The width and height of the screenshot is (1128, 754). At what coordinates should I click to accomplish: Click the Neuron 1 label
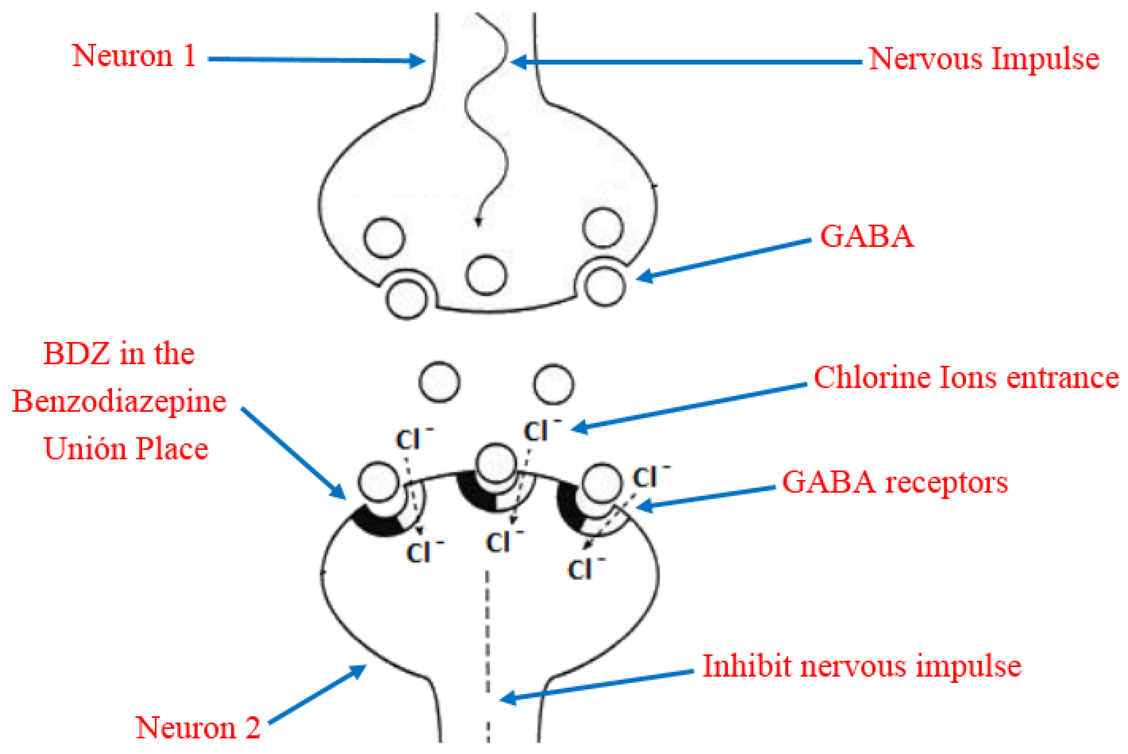pyautogui.click(x=134, y=56)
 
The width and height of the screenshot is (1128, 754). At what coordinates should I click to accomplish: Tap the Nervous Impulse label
pyautogui.click(x=984, y=59)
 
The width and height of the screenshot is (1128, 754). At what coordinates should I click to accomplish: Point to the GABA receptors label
pyautogui.click(x=894, y=482)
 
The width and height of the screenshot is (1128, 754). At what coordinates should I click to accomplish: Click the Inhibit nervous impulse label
pyautogui.click(x=861, y=666)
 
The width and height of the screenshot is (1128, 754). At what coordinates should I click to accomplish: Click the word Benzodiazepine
pyautogui.click(x=119, y=401)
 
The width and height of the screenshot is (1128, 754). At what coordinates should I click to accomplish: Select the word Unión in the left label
pyautogui.click(x=85, y=448)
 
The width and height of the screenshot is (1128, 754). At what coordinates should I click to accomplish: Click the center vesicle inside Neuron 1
pyautogui.click(x=486, y=275)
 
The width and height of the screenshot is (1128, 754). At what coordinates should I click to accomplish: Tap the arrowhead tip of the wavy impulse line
pyautogui.click(x=478, y=222)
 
